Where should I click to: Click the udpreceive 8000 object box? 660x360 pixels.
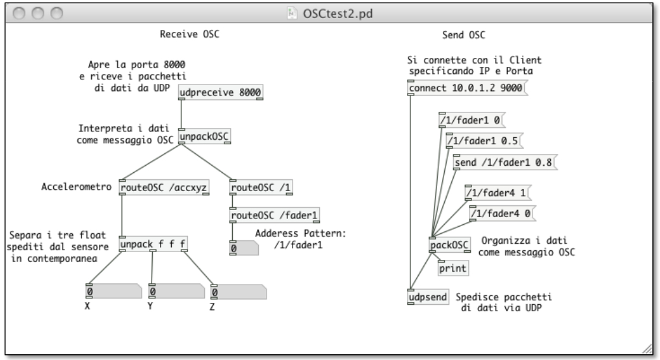(220, 95)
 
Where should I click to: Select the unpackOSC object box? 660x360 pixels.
(204, 137)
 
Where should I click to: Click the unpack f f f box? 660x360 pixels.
(154, 244)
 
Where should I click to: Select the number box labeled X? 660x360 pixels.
(113, 292)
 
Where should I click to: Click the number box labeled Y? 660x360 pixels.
(176, 292)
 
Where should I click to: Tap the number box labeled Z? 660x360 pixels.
(239, 292)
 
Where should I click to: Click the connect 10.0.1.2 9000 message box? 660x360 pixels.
(467, 88)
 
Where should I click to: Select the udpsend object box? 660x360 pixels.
(428, 297)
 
